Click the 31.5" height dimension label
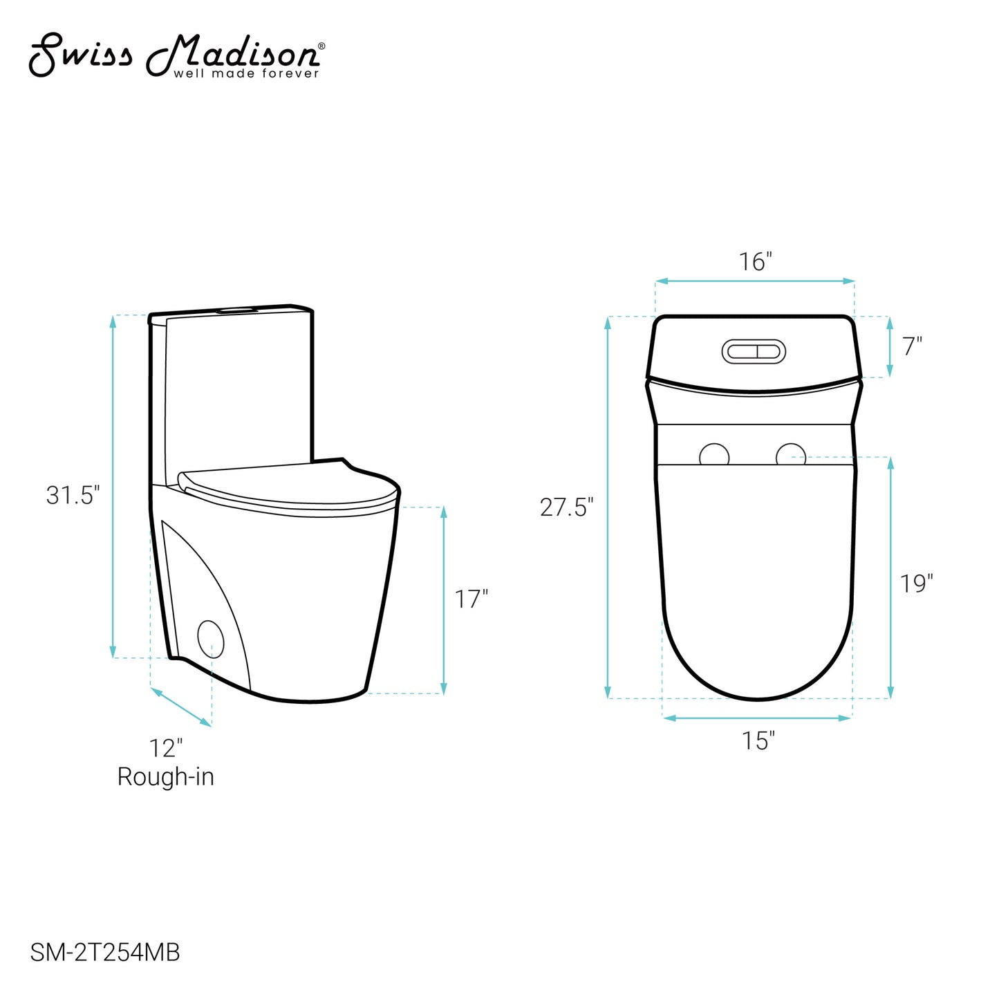73,495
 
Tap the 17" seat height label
472,599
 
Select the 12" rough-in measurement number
166,749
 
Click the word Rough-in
166,777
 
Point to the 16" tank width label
756,262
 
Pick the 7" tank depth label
913,346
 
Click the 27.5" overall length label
567,507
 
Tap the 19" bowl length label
917,583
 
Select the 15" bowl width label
758,741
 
